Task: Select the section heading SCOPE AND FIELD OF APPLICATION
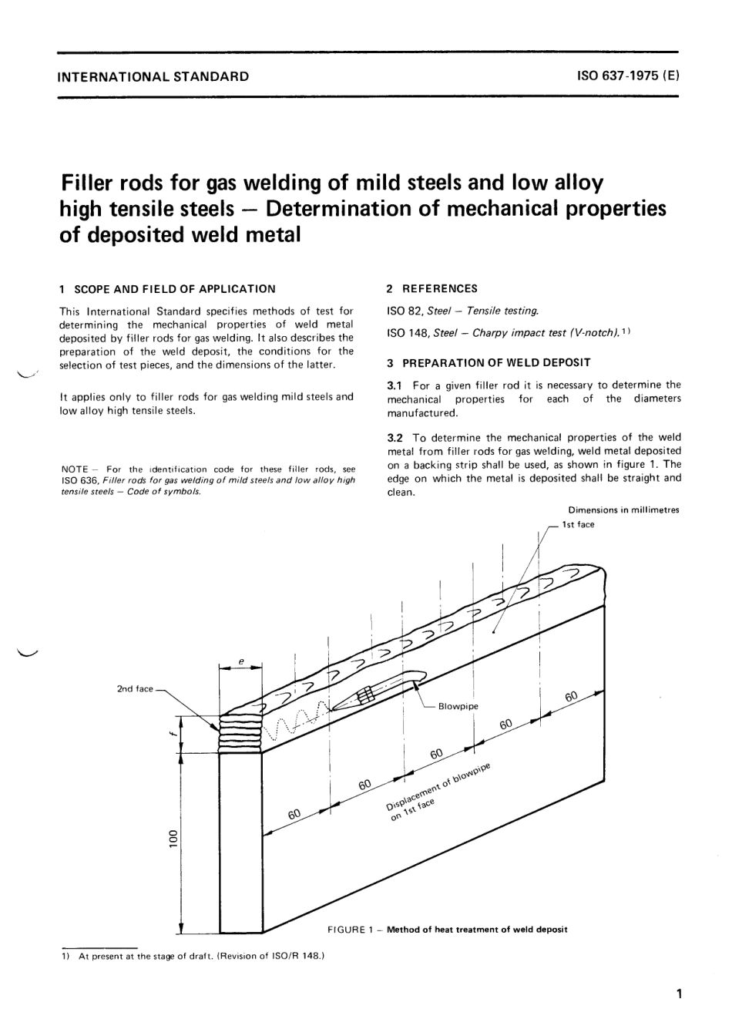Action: [173, 289]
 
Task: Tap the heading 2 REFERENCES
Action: [431, 288]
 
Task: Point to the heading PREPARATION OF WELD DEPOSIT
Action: [494, 362]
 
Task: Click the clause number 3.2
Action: [395, 436]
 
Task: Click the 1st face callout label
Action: [579, 524]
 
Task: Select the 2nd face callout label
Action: [135, 688]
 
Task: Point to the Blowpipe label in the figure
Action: [458, 706]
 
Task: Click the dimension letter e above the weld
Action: [240, 661]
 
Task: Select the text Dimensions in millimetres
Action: [623, 510]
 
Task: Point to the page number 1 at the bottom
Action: [678, 994]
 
